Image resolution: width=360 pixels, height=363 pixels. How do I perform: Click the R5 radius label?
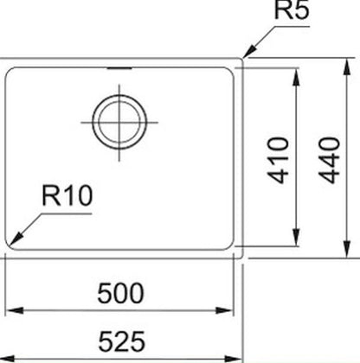pyautogui.click(x=292, y=10)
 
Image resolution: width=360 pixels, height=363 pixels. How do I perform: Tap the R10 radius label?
pyautogui.click(x=67, y=195)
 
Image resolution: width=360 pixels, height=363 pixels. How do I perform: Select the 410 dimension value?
pyautogui.click(x=279, y=160)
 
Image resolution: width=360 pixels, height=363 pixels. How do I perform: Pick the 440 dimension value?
pyautogui.click(x=330, y=160)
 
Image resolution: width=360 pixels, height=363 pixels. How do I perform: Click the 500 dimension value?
pyautogui.click(x=120, y=293)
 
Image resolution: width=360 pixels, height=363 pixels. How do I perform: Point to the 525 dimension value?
pyautogui.click(x=121, y=341)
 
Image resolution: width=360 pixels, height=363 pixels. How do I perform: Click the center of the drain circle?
pyautogui.click(x=119, y=122)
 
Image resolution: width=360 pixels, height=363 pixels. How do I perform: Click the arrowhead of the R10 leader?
pyautogui.click(x=16, y=238)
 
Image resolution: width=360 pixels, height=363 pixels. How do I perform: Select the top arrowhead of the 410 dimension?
pyautogui.click(x=296, y=77)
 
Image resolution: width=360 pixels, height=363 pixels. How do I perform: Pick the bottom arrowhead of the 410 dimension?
pyautogui.click(x=296, y=238)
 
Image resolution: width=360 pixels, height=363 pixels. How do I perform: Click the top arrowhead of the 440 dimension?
pyautogui.click(x=348, y=67)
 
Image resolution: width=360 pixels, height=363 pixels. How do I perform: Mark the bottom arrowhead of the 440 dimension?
pyautogui.click(x=348, y=248)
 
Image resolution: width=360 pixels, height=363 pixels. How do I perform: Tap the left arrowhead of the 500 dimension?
pyautogui.click(x=15, y=310)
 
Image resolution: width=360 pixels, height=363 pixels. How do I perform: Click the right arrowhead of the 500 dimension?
pyautogui.click(x=224, y=310)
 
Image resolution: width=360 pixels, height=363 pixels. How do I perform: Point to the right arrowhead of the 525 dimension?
pyautogui.click(x=233, y=360)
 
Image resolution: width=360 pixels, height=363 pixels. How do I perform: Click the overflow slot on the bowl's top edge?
pyautogui.click(x=119, y=68)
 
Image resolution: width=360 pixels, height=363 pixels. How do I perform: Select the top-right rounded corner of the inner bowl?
pyautogui.click(x=230, y=70)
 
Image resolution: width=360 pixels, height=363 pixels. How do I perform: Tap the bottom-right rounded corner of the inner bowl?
pyautogui.click(x=230, y=247)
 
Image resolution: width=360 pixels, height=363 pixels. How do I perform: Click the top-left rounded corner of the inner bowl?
pyautogui.click(x=9, y=70)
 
